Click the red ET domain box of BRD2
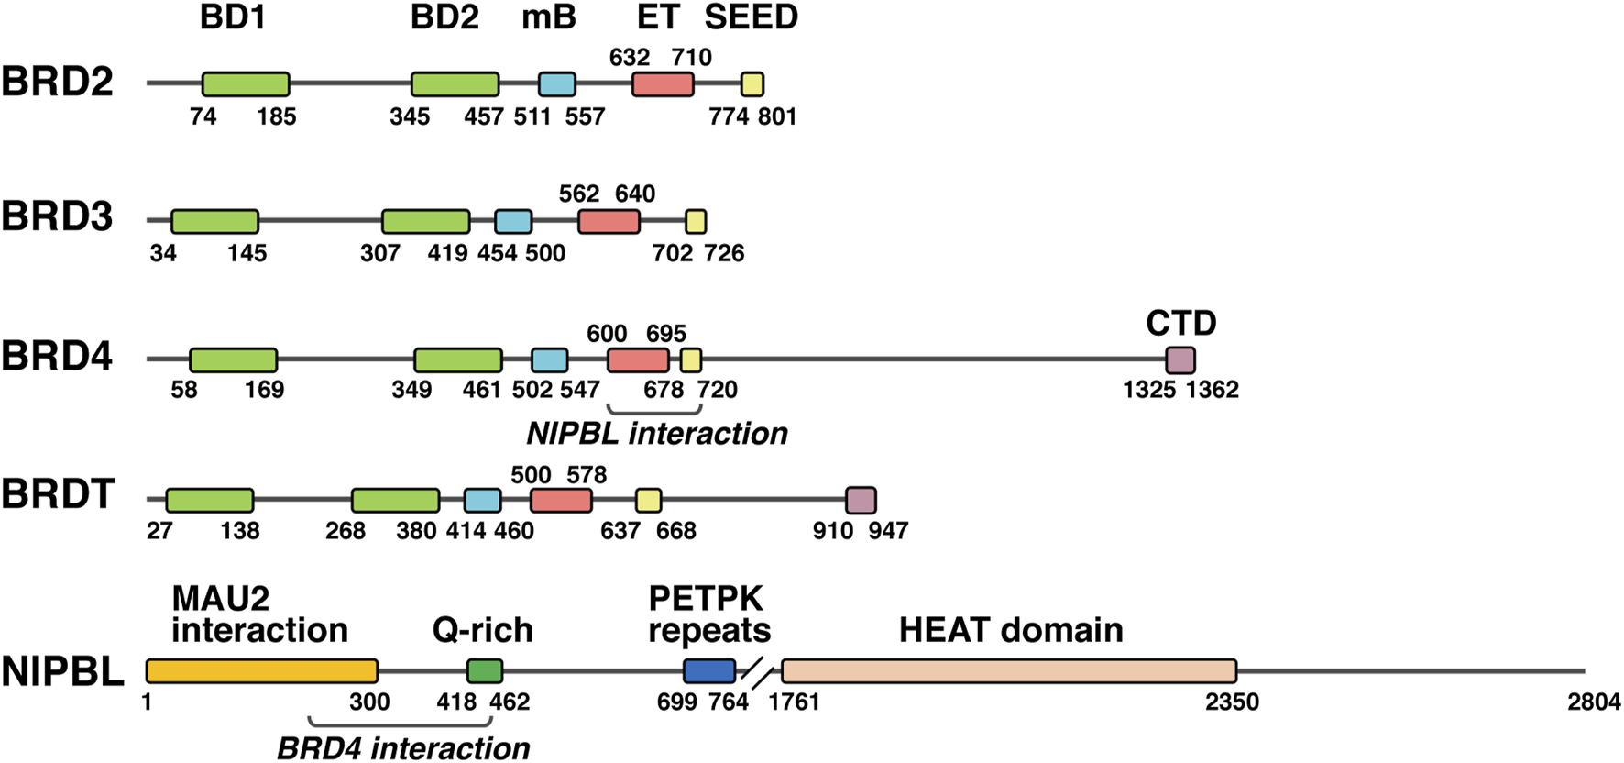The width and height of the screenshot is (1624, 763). tap(663, 84)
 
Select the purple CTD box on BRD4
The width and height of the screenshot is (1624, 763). tap(1180, 360)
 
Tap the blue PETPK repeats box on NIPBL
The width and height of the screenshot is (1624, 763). tap(709, 671)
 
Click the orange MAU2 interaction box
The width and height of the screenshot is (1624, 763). tap(262, 671)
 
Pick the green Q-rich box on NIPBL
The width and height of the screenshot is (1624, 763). tap(485, 671)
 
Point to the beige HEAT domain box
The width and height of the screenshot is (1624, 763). tap(1009, 671)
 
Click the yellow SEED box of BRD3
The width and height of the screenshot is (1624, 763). tap(697, 221)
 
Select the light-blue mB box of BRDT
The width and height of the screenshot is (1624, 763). tap(483, 501)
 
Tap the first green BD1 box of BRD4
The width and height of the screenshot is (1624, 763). tap(234, 360)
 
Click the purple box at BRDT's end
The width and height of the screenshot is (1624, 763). tap(861, 501)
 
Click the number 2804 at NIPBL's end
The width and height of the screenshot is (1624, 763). tap(1594, 703)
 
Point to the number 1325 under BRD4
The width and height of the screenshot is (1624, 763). tap(1149, 390)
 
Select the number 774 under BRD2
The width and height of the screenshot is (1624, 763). tap(729, 117)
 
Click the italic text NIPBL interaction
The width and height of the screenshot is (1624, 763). tap(657, 434)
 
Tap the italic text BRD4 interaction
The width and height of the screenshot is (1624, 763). tap(403, 748)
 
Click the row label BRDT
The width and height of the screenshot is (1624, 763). tap(58, 495)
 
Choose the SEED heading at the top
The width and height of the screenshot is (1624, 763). tap(752, 17)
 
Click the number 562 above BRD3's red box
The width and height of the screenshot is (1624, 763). tap(579, 194)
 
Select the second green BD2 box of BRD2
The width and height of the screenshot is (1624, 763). tap(455, 84)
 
